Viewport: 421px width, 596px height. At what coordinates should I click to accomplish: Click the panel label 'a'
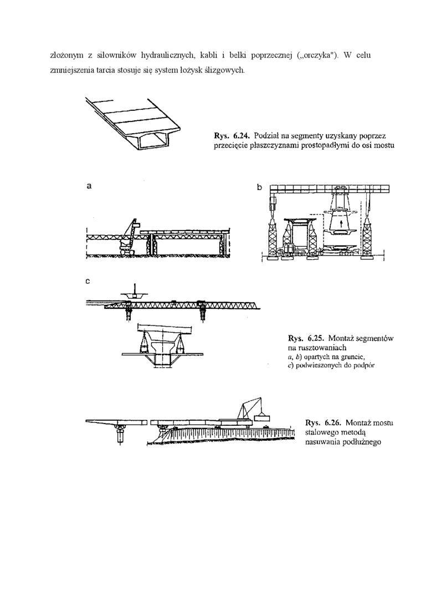[x=89, y=187]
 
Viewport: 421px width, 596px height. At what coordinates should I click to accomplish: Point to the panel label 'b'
[x=259, y=187]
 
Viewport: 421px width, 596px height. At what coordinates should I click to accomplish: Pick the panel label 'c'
[x=88, y=282]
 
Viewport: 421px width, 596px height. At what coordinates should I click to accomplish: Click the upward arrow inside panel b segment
[x=341, y=223]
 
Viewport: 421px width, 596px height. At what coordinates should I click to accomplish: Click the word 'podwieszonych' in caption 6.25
[x=318, y=366]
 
